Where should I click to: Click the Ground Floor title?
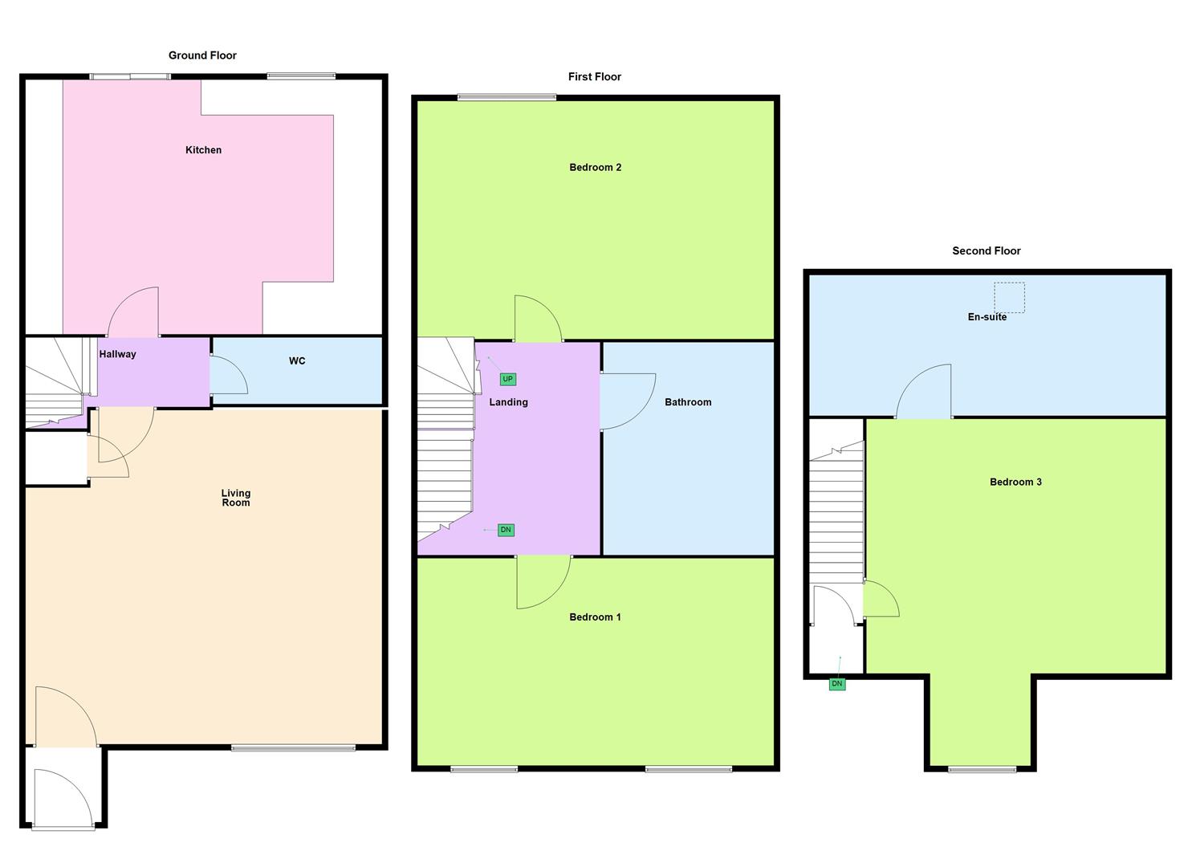point(202,55)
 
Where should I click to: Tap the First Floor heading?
point(595,77)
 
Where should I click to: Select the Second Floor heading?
point(987,251)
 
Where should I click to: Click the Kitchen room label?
point(203,150)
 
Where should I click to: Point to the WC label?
point(297,361)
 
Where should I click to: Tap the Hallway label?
point(117,354)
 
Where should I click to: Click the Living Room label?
point(236,499)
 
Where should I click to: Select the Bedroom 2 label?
point(596,168)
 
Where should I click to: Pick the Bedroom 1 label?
point(596,617)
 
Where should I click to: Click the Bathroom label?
point(688,402)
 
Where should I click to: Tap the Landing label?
point(508,402)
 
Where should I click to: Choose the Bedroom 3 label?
point(1015,482)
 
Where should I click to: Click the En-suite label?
point(987,317)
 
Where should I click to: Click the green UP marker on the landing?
point(507,379)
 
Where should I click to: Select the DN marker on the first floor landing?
point(506,530)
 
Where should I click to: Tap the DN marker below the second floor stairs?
point(837,684)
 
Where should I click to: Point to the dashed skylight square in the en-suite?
point(1010,297)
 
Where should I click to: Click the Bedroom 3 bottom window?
point(982,769)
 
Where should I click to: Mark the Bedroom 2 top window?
point(506,98)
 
